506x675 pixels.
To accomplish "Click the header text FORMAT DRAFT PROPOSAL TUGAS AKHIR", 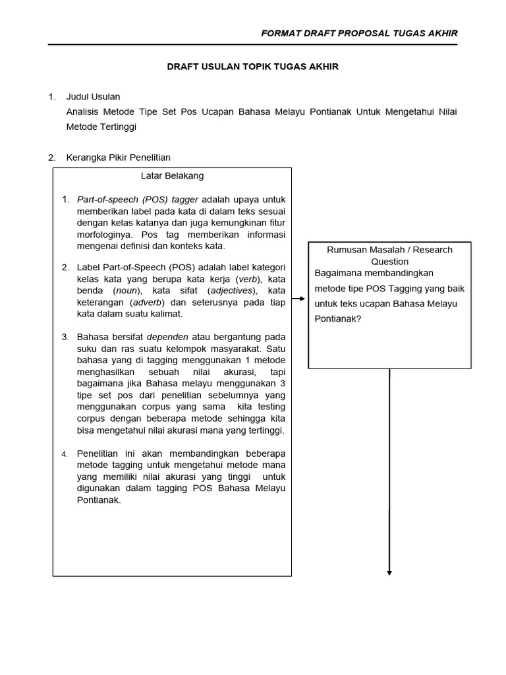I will coord(359,33).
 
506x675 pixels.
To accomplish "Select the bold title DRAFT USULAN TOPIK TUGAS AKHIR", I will coord(252,67).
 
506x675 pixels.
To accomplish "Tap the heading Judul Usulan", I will coord(93,97).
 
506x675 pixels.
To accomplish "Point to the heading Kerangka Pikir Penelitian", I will coord(118,158).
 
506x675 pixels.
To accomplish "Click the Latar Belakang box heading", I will coord(172,176).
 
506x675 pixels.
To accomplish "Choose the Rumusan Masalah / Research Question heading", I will coord(389,256).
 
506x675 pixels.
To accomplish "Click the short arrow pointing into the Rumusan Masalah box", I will coord(299,299).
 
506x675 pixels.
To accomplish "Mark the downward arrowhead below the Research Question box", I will coord(389,572).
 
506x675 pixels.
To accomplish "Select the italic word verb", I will coord(247,279).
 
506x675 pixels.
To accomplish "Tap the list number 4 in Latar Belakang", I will coord(65,454).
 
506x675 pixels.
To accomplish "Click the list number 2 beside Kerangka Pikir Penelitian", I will coord(51,158).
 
